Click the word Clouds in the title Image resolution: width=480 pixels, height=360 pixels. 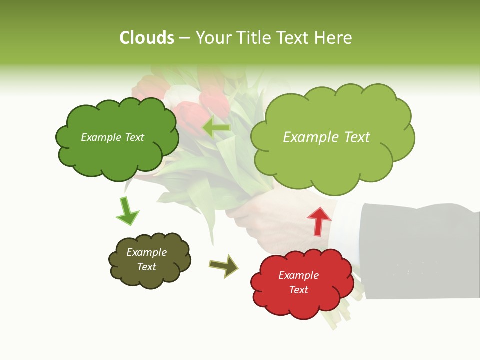pyautogui.click(x=147, y=38)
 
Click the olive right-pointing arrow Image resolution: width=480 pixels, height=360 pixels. pyautogui.click(x=224, y=265)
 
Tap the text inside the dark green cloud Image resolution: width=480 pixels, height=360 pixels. pyautogui.click(x=112, y=137)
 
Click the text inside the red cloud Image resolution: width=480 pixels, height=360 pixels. pyautogui.click(x=298, y=282)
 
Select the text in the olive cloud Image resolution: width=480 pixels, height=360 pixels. pyautogui.click(x=146, y=259)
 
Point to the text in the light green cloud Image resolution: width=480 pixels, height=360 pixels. pyautogui.click(x=326, y=137)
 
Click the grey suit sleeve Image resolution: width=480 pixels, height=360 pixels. pyautogui.click(x=420, y=250)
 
